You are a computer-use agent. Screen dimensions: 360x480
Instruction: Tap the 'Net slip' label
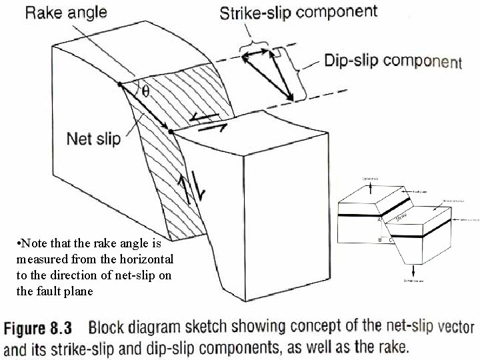tap(93, 139)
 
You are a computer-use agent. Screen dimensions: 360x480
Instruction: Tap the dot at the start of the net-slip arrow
tap(119, 85)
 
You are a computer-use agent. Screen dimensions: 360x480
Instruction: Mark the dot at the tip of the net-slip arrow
tap(171, 132)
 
